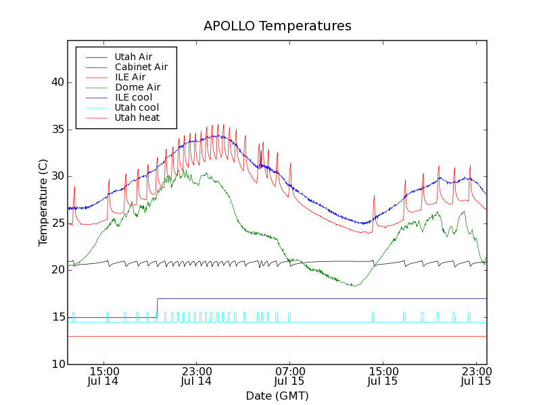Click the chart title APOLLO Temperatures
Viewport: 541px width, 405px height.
coord(277,26)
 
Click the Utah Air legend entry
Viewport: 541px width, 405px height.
coord(133,57)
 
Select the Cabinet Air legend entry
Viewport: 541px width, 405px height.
coord(141,67)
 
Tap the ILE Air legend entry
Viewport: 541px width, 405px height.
coord(130,77)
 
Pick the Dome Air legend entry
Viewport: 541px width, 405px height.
coord(137,87)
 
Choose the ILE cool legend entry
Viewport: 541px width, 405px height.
coord(133,97)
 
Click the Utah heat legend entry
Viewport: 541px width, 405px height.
coord(137,117)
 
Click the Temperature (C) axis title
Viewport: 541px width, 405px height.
coord(43,202)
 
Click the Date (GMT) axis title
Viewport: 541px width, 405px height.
coord(277,396)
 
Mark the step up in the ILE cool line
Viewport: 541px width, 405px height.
coord(157,308)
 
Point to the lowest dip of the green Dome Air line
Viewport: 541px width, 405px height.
coord(354,286)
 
